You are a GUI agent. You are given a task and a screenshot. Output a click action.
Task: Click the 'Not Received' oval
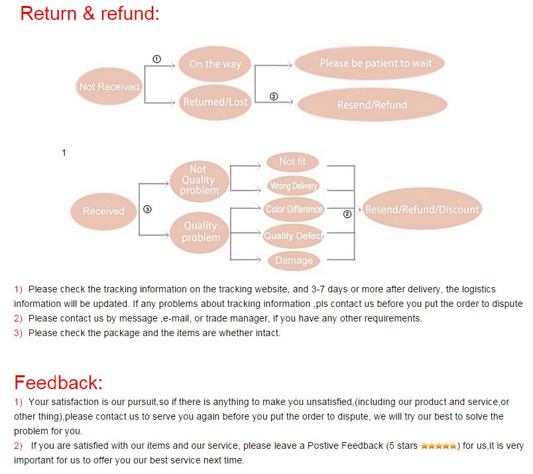click(x=109, y=87)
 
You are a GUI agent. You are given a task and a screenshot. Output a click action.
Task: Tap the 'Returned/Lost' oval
click(x=215, y=102)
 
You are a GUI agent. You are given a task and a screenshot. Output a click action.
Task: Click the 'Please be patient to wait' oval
click(x=375, y=64)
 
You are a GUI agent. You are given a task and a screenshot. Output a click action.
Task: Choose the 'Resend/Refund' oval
click(x=372, y=105)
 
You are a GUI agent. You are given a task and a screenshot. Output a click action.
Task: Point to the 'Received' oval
click(x=103, y=211)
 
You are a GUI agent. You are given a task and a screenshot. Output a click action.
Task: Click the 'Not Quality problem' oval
click(x=199, y=180)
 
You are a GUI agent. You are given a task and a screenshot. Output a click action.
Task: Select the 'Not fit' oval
click(x=292, y=162)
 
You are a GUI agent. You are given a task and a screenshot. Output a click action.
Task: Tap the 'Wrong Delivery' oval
click(x=293, y=186)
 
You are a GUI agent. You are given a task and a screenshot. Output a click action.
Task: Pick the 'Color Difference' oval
click(x=294, y=209)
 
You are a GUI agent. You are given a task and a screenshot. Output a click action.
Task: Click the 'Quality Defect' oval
click(x=293, y=236)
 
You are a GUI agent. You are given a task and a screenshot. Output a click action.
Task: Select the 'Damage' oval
click(x=294, y=261)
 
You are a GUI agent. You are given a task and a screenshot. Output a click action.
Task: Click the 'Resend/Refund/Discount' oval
click(x=422, y=209)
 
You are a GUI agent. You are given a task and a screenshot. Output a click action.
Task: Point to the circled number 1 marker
click(x=156, y=59)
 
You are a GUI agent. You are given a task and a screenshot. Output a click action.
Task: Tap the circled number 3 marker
click(x=147, y=208)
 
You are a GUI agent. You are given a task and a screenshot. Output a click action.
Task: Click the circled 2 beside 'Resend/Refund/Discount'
click(x=347, y=214)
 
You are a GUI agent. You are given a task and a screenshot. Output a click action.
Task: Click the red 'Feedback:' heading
click(x=59, y=383)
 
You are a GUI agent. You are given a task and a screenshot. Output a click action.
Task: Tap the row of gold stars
click(x=438, y=446)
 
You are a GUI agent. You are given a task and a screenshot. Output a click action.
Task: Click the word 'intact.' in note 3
click(x=268, y=333)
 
